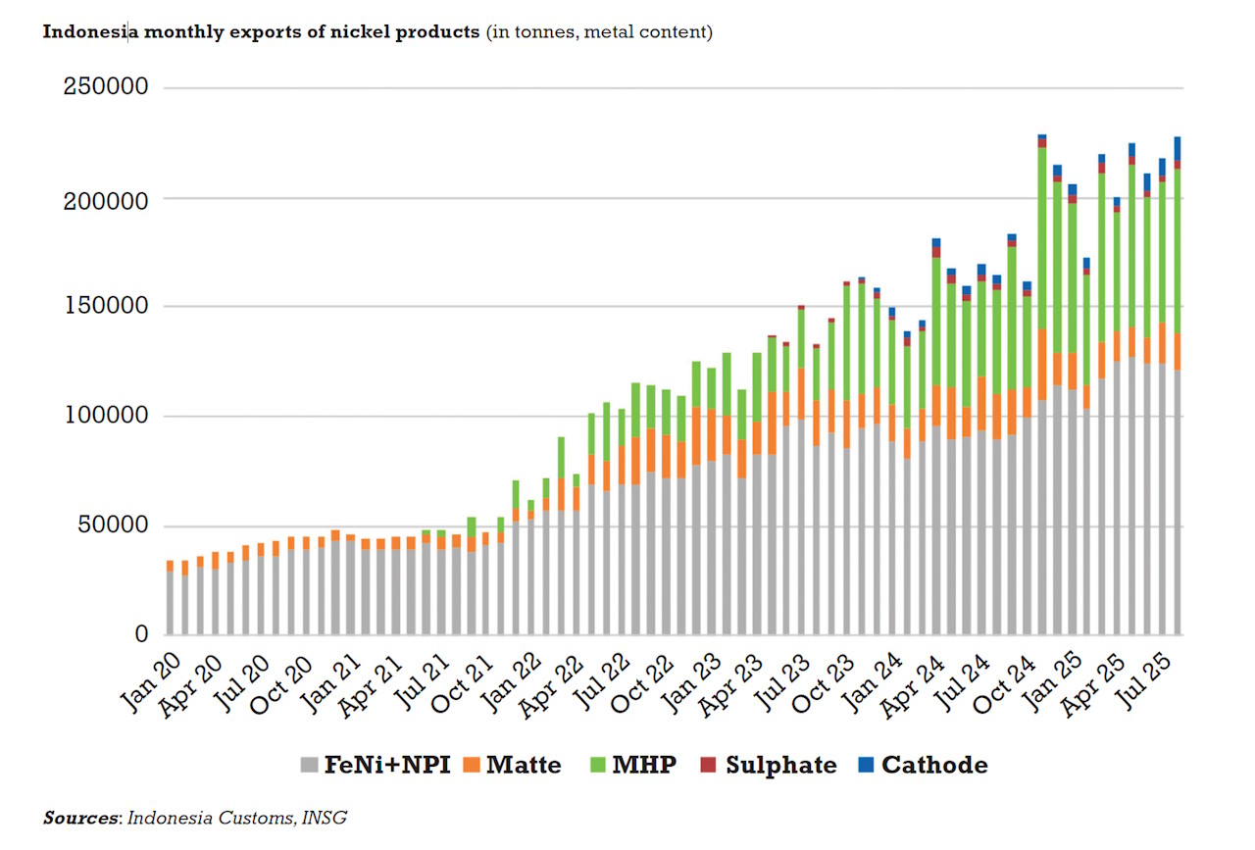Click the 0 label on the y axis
[x=139, y=634]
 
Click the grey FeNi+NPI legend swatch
[x=310, y=765]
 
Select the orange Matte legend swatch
[x=472, y=765]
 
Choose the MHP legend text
[x=644, y=765]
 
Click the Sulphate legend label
[x=781, y=765]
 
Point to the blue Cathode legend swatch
[x=866, y=765]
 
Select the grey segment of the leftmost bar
[x=171, y=603]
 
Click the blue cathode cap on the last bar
[x=1176, y=147]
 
